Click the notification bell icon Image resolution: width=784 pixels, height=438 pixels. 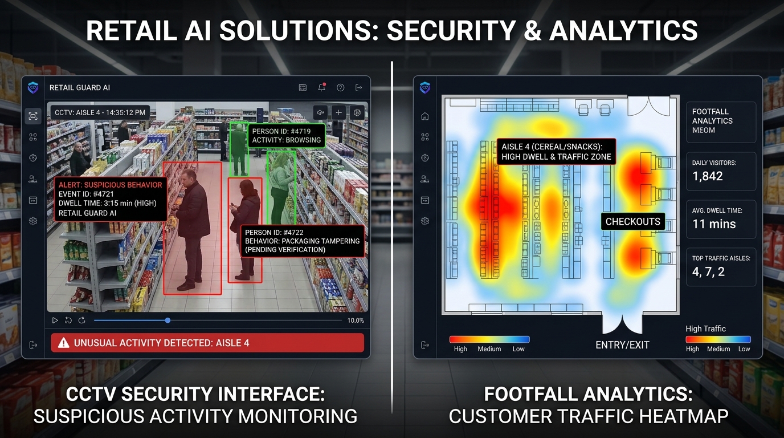(x=322, y=87)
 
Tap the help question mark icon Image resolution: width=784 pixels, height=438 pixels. (x=340, y=88)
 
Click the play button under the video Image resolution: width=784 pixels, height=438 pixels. (x=55, y=321)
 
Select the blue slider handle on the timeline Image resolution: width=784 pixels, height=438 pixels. (x=168, y=321)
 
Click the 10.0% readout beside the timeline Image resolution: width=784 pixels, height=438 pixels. (x=356, y=321)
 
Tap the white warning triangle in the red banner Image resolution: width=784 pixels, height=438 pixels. (x=63, y=342)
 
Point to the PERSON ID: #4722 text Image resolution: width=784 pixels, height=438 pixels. (x=274, y=232)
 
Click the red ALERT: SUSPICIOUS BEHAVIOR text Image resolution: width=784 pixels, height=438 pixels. (x=111, y=185)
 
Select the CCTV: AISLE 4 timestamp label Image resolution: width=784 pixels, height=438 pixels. (x=100, y=112)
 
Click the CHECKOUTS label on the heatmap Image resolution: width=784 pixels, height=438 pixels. (x=633, y=221)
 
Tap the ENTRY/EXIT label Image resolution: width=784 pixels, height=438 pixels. (x=622, y=345)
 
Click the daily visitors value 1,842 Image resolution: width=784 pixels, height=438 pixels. (x=707, y=176)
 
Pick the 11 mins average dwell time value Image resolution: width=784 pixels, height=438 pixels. (x=714, y=224)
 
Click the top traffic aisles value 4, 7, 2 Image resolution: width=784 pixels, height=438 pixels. (x=708, y=272)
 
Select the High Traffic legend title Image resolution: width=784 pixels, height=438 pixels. (x=705, y=328)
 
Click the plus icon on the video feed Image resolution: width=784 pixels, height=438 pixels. (x=338, y=112)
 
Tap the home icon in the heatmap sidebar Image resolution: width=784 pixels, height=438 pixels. (x=425, y=116)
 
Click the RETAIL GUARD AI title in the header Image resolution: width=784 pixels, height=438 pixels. (x=79, y=88)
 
